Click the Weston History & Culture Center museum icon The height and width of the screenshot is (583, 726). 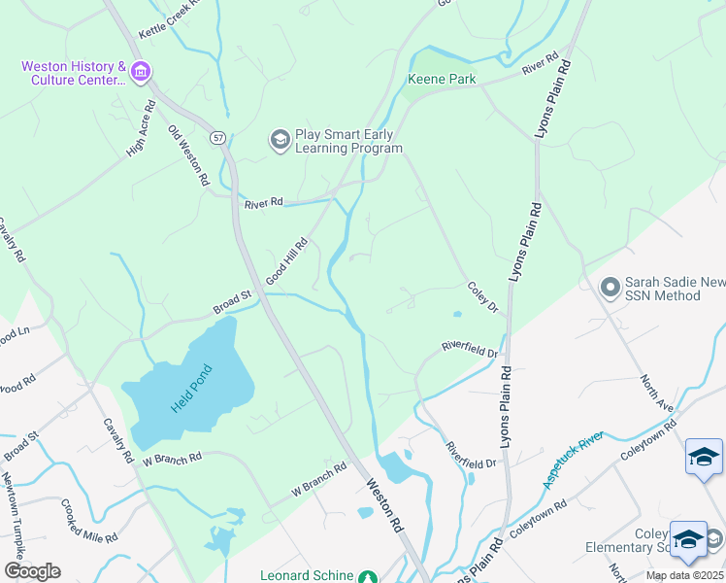(x=141, y=71)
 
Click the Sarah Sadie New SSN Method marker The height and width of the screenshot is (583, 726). (x=610, y=288)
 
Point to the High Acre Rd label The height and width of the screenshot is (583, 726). (x=141, y=128)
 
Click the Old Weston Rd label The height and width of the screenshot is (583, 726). (x=188, y=154)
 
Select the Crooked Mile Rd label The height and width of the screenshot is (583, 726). (x=89, y=522)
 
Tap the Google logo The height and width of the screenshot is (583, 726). (x=32, y=571)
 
